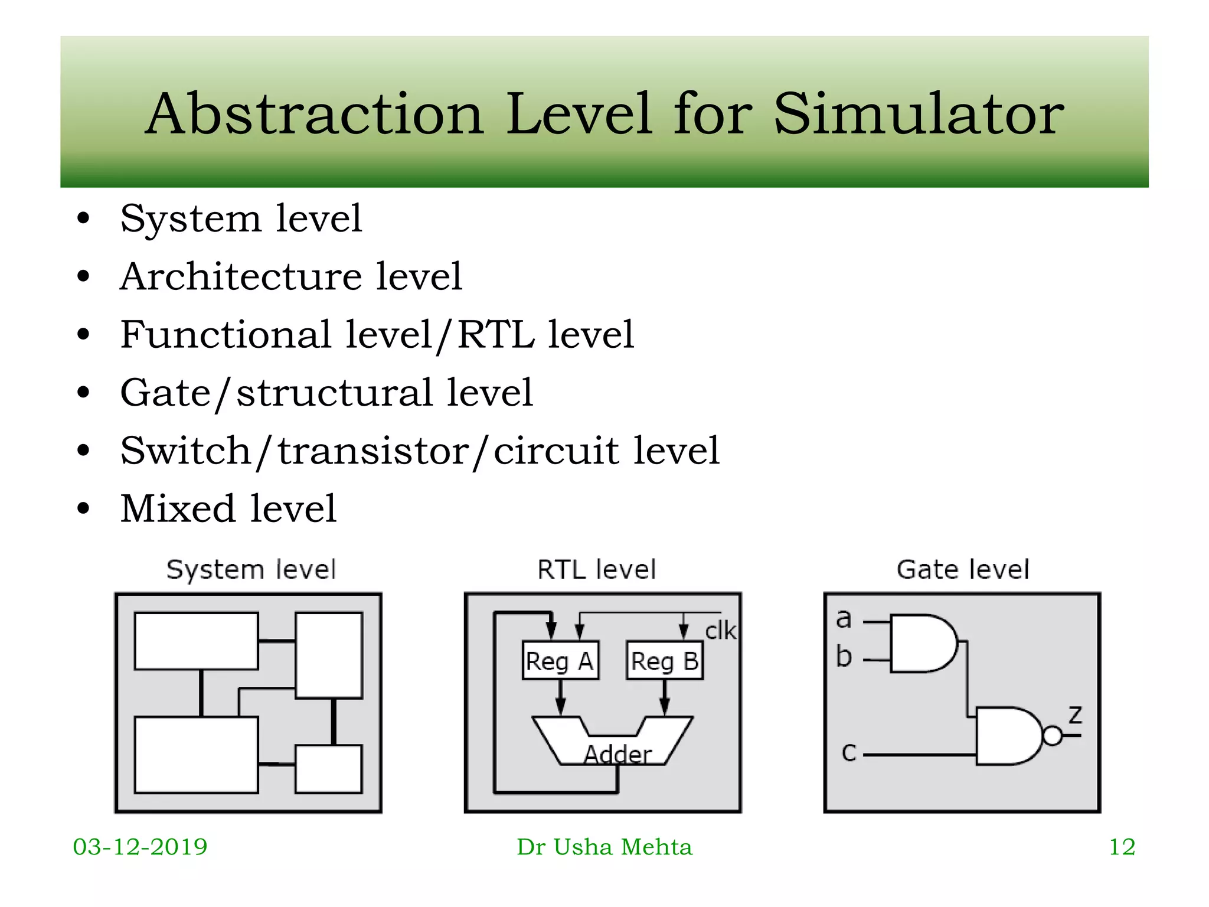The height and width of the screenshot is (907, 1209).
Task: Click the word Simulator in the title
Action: click(918, 114)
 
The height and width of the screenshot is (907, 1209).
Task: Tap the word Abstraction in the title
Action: click(315, 114)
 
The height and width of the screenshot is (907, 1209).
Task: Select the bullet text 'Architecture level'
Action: click(291, 276)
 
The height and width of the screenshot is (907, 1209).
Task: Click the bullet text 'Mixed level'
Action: click(228, 508)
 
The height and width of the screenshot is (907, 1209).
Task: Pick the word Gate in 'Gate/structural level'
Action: click(165, 393)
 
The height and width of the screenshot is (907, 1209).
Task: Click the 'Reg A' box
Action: click(560, 661)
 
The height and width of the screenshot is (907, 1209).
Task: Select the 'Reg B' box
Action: click(665, 661)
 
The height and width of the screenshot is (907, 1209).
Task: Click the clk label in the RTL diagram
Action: click(720, 631)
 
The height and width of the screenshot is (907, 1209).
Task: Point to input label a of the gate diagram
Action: click(844, 619)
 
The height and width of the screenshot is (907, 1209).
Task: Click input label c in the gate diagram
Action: click(848, 752)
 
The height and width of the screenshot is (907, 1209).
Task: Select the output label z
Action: click(1075, 715)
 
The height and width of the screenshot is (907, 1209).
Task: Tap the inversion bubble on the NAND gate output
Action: click(1053, 736)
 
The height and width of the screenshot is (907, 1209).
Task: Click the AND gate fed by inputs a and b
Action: click(921, 644)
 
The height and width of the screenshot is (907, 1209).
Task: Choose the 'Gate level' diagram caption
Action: click(962, 570)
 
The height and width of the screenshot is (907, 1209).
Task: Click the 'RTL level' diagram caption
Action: click(596, 570)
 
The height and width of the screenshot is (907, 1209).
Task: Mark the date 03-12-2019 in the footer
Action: click(140, 847)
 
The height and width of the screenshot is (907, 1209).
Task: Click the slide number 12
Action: click(1122, 847)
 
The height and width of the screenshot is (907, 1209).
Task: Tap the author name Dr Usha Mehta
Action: click(604, 847)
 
